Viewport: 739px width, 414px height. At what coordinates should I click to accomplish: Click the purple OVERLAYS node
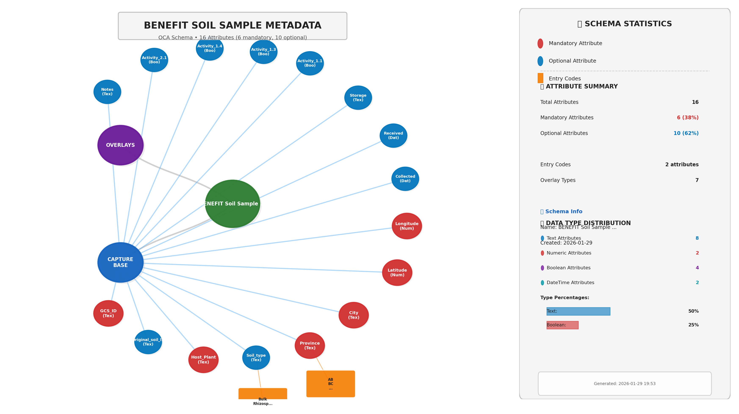[120, 145]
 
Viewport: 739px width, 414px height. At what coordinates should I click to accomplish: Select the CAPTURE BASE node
[120, 262]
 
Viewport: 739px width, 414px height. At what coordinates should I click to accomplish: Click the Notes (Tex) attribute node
[107, 92]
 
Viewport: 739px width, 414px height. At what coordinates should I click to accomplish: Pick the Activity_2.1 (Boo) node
[154, 60]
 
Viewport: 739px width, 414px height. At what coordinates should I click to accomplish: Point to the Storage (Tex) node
[358, 98]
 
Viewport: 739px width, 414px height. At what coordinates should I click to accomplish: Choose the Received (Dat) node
[393, 136]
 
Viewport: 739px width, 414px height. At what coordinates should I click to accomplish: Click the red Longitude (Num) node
[407, 226]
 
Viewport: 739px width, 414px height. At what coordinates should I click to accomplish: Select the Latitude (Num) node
[397, 272]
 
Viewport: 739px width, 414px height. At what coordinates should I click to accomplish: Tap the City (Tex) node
[353, 315]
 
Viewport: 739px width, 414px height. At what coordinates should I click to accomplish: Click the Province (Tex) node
[310, 345]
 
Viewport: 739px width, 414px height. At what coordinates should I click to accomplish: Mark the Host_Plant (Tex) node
[203, 360]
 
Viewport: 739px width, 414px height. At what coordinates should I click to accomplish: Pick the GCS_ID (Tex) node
[108, 313]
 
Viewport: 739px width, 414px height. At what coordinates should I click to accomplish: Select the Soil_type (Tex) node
[256, 358]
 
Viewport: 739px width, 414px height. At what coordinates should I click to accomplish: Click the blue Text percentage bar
[578, 311]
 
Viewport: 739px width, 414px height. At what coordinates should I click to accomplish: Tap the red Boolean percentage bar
[562, 325]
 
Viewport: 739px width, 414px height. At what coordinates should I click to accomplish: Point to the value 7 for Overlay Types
[697, 180]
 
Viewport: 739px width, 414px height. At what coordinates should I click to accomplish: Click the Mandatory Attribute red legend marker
[540, 44]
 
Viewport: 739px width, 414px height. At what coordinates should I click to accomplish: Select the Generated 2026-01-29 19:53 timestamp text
[624, 384]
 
